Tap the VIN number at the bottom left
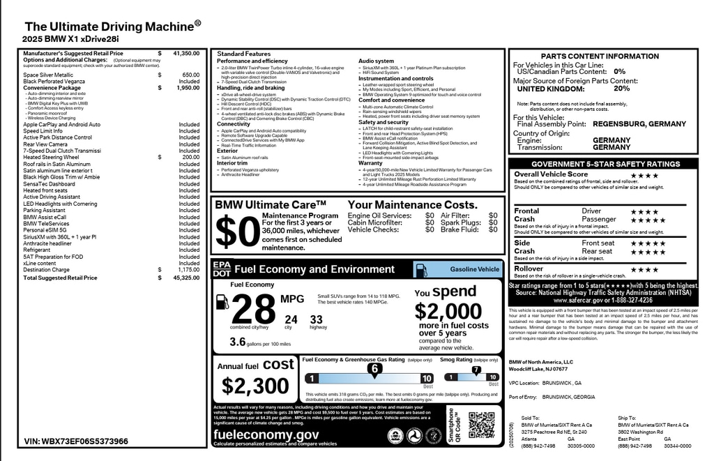tap(76, 441)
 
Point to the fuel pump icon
tap(222, 302)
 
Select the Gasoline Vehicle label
tap(474, 269)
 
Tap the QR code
tap(481, 425)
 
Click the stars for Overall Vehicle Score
tap(644, 175)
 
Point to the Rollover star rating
tap(644, 269)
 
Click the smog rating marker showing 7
tap(476, 370)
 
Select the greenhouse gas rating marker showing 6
tap(374, 368)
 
